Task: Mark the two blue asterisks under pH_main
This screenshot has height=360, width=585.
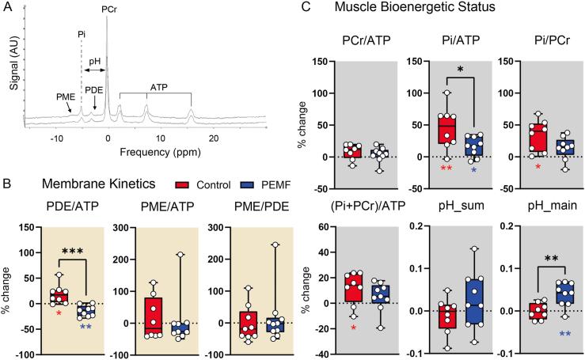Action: point(543,334)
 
